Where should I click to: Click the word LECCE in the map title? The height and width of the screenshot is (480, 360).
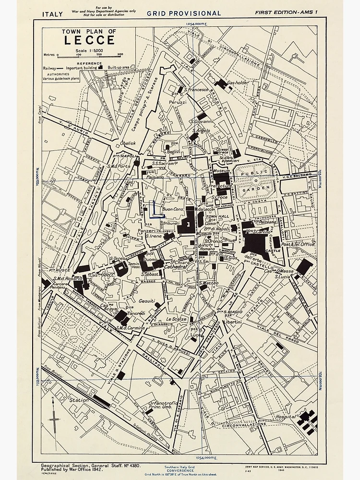pos(89,41)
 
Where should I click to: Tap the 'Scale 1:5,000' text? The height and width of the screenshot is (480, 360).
pos(89,50)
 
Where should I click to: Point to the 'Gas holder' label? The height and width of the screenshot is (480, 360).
pos(238,83)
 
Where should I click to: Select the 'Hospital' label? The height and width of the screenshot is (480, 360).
pos(286,418)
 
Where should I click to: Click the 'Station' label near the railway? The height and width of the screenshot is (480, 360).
pos(79,400)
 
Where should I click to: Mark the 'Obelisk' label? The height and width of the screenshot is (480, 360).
pos(128,143)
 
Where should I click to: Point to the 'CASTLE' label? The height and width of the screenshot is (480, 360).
pos(273,250)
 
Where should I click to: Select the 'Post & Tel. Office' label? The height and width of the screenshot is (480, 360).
pos(298,244)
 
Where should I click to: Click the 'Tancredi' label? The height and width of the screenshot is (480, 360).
pos(136,312)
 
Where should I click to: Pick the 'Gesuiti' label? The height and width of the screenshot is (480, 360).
pos(146,301)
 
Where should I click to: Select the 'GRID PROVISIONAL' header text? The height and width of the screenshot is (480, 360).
pos(184,13)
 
